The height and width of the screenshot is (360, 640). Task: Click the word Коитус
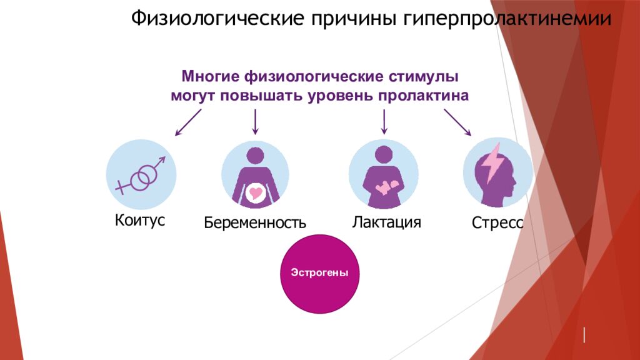[140, 221]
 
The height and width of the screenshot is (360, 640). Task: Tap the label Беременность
[255, 223]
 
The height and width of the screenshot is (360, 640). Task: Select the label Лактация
[386, 222]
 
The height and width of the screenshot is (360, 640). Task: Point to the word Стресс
[497, 223]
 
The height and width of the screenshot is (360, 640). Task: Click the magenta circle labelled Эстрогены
[320, 273]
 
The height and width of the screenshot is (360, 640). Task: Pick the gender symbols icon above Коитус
[141, 174]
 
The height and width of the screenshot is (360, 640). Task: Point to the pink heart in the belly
[255, 192]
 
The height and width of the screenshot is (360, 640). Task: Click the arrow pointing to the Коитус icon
[188, 122]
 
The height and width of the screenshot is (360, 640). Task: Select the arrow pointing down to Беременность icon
[255, 121]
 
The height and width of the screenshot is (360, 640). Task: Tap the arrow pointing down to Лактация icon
[384, 121]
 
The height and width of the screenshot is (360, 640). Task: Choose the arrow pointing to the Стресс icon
[457, 122]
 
